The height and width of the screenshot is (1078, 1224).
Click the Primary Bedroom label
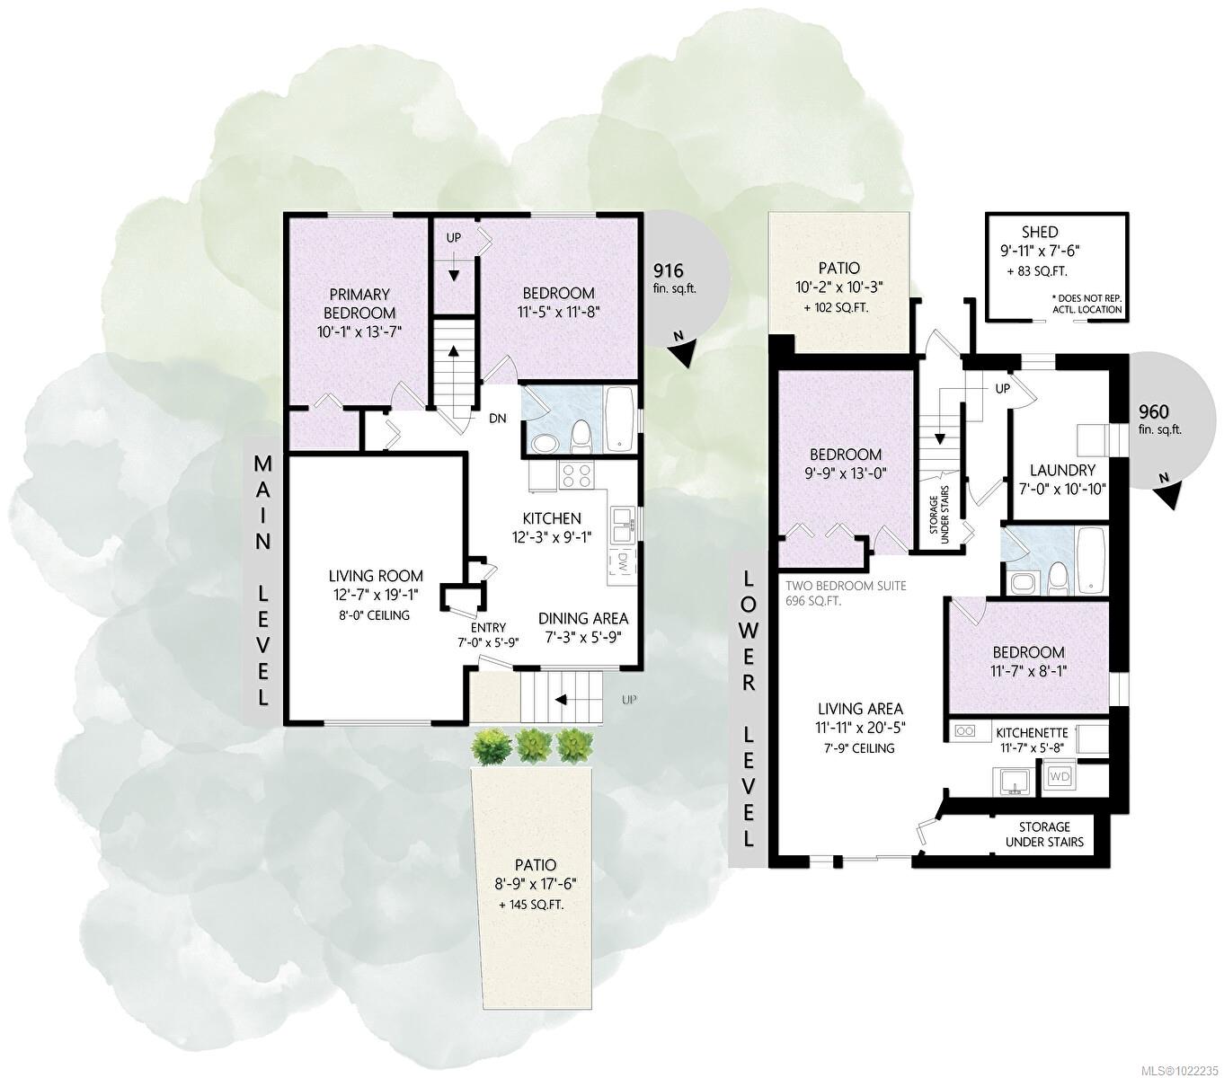tap(359, 304)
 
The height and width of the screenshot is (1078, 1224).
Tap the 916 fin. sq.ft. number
tap(668, 269)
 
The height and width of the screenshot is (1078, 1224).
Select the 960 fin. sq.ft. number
tap(1153, 412)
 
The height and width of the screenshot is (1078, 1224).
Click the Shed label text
tap(1039, 232)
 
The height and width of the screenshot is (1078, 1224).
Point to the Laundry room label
tap(1062, 470)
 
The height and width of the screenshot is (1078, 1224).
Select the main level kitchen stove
tap(574, 473)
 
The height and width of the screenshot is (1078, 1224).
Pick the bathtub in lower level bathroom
tap(1092, 560)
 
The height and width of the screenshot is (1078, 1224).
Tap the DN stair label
tap(498, 419)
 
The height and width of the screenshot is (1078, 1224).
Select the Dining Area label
tap(583, 618)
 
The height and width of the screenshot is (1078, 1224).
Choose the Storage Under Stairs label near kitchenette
tap(1043, 834)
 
